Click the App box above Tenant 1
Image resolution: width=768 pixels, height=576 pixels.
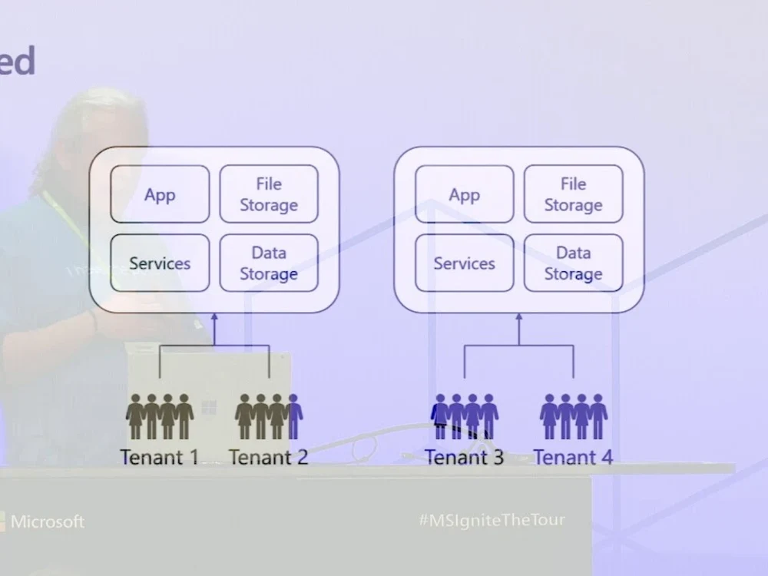pos(160,194)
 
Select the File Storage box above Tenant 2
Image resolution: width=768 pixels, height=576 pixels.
pos(269,194)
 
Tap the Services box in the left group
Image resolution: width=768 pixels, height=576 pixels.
pos(160,263)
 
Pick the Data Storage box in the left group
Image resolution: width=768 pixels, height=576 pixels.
pos(269,263)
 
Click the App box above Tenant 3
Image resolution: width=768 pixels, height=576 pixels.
pos(464,194)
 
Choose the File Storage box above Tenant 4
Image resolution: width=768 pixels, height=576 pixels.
pos(573,194)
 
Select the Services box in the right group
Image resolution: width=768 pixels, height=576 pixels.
pos(464,263)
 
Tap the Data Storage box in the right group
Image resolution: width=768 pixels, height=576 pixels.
pos(573,263)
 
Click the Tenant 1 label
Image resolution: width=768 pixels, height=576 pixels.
pos(159,458)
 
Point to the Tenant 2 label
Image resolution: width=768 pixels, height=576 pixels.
pos(268,458)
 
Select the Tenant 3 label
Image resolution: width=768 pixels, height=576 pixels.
pos(464,458)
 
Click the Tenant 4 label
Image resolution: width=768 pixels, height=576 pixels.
pos(573,458)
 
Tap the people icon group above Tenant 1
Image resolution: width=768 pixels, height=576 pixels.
pos(160,416)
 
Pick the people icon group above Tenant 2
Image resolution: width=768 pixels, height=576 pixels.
pos(269,416)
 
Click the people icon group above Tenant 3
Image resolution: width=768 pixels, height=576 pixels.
pos(465,416)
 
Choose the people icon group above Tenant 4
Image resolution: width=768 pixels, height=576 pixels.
pos(574,416)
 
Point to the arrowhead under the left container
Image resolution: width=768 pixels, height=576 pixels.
pos(214,316)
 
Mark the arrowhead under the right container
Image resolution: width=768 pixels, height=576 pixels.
pos(518,316)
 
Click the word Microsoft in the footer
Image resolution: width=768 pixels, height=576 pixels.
pos(48,521)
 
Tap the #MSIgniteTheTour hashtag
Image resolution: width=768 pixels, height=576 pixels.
pos(492,520)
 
